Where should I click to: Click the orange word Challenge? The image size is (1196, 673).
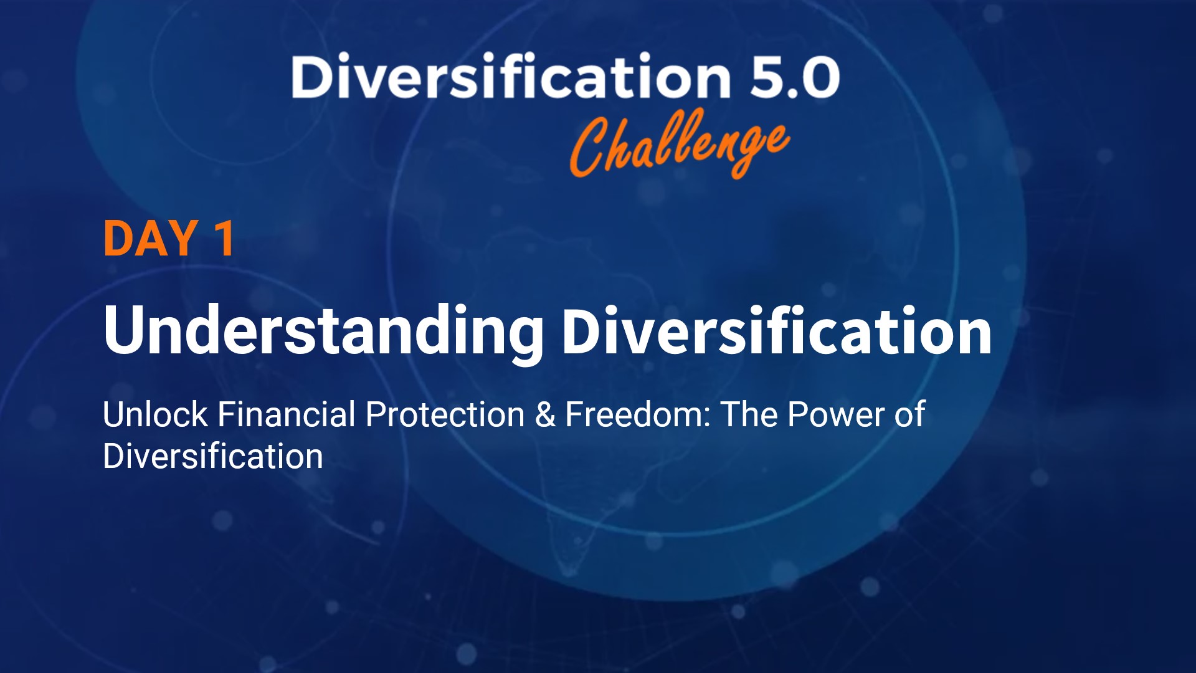point(679,145)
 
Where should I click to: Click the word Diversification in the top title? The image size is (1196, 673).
point(511,77)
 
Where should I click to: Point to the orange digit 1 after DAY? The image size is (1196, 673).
point(224,239)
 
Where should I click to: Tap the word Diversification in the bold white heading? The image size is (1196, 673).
point(776,331)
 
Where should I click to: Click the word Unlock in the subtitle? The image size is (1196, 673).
point(155,414)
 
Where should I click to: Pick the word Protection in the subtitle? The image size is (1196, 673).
point(445,414)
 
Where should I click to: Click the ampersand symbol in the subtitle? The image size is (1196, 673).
point(545,415)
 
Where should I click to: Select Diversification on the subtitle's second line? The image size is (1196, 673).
point(213,456)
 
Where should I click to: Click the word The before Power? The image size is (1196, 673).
point(749,414)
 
